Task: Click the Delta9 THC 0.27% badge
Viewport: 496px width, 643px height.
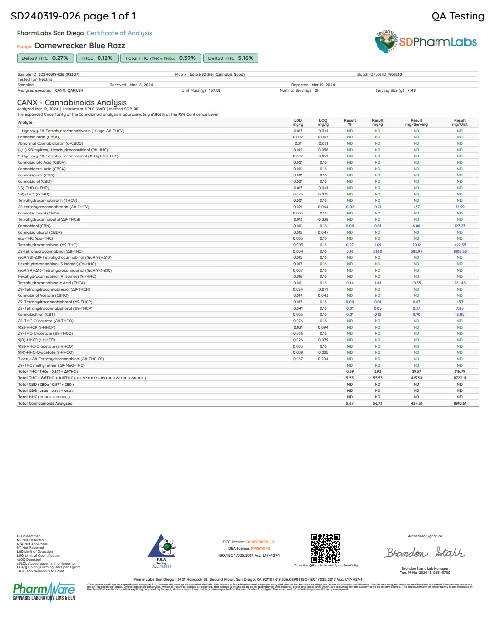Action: point(45,58)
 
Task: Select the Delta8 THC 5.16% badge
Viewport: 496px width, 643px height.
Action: point(231,58)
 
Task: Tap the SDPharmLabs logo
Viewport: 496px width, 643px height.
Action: point(426,42)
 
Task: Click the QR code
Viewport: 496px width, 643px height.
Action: point(325,547)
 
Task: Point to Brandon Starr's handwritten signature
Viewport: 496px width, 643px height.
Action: point(424,552)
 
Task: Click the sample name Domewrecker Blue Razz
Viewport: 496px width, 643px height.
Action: point(80,46)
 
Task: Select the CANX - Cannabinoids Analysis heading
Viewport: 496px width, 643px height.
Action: point(72,103)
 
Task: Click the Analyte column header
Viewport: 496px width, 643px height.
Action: point(25,123)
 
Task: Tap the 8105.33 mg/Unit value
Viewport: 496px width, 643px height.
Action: point(459,252)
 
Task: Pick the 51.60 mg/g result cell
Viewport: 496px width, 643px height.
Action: point(377,252)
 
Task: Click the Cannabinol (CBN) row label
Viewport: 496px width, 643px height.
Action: point(34,226)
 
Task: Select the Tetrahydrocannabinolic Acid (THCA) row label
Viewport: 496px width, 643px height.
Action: point(51,283)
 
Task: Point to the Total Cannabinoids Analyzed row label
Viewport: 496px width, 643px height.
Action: point(45,404)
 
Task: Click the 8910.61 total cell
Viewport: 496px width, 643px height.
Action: point(459,404)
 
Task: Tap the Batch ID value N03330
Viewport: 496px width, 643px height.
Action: point(395,75)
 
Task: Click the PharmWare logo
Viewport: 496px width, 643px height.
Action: point(44,591)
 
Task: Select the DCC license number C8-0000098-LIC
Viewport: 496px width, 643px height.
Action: point(260,542)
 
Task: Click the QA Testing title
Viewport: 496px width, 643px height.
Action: point(457,16)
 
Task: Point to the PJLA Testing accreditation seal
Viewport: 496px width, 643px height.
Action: point(161,550)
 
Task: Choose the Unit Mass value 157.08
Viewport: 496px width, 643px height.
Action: point(215,91)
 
